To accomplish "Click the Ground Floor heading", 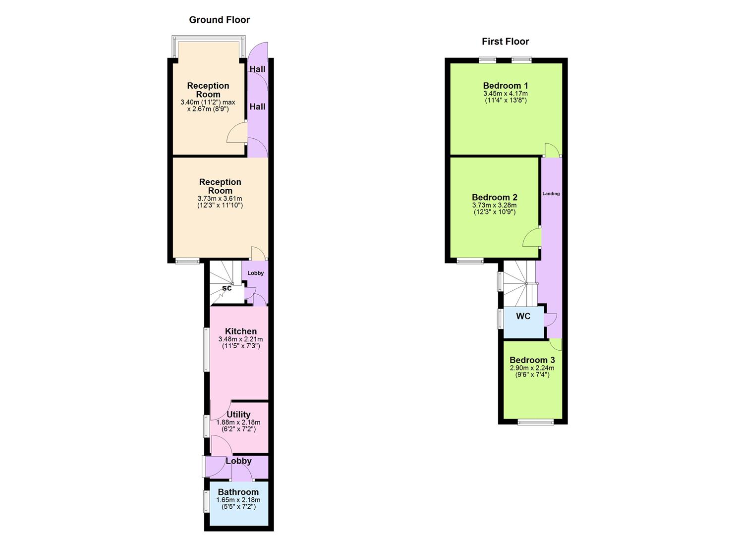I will point(219,20).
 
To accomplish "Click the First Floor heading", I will point(505,42).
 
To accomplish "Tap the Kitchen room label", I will point(241,331).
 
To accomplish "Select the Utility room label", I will point(238,415).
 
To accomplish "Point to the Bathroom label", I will point(238,492).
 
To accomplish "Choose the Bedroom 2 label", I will point(494,197).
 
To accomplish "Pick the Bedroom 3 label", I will point(532,360).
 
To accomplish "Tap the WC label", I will point(523,316).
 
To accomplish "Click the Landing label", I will point(551,194).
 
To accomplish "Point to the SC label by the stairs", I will point(226,288).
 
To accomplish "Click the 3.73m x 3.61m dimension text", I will point(220,199).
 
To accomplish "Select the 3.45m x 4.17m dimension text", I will point(505,94).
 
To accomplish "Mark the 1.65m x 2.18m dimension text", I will point(238,500).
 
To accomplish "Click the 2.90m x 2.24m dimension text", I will point(532,368).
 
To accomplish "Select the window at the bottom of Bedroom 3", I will point(536,423).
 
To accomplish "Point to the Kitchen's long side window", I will point(206,349).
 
